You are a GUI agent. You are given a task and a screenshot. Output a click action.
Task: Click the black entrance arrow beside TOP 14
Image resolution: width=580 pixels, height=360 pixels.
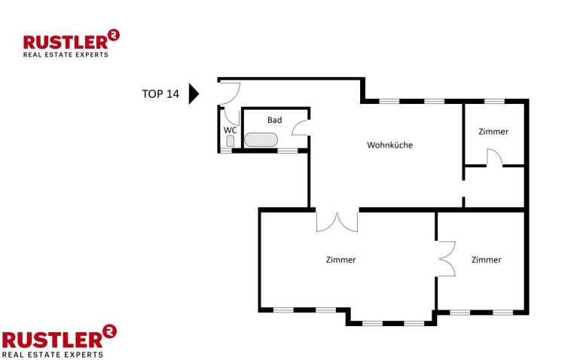[194, 93]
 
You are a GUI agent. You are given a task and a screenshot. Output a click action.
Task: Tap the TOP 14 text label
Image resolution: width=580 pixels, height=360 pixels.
[160, 94]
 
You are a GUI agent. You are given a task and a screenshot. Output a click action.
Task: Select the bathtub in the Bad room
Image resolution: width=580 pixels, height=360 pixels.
[261, 139]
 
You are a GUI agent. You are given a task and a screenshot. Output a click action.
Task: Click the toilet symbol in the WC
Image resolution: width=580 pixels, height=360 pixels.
[230, 141]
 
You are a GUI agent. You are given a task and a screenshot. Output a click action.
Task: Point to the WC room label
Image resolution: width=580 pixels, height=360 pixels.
[230, 130]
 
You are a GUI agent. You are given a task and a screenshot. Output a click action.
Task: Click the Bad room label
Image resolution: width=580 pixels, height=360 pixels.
[274, 120]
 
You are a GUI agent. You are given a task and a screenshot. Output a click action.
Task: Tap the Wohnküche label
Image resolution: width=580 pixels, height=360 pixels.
[390, 145]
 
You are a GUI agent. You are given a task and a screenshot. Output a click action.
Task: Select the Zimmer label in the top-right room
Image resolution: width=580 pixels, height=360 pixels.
[493, 132]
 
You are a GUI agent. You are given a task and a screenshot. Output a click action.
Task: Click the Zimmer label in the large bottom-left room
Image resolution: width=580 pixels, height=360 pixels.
[340, 260]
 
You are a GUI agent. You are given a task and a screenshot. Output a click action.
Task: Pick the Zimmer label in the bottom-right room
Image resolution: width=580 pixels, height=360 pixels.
[487, 260]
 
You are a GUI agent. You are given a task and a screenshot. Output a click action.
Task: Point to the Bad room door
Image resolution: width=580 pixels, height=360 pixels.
[301, 127]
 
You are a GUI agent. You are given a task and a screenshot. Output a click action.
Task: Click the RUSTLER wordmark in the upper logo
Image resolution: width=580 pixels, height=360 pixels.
[66, 42]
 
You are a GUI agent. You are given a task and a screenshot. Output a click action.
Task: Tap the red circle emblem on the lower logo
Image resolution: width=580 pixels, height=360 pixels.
[109, 331]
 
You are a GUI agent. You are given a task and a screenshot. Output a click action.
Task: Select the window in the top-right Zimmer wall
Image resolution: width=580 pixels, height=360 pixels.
[494, 101]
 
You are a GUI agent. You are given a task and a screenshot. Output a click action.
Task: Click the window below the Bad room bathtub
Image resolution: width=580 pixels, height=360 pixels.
[288, 151]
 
